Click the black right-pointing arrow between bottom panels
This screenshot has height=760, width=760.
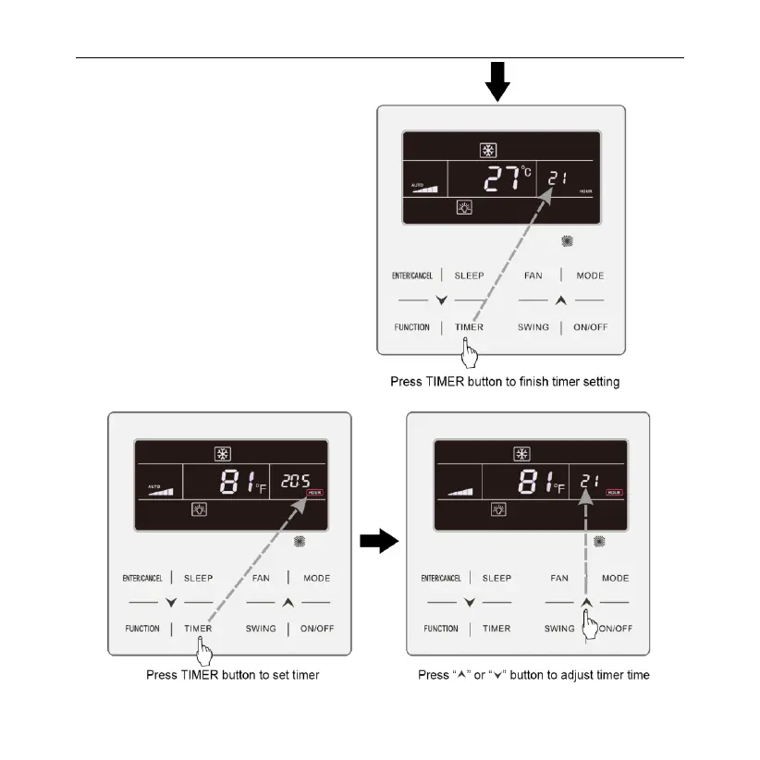(377, 542)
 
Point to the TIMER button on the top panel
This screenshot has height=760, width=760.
(469, 327)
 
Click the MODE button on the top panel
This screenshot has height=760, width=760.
(590, 276)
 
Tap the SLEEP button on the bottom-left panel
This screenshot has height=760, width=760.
(198, 578)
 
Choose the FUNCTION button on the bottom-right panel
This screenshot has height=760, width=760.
(440, 629)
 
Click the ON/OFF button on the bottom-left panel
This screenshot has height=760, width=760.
(317, 629)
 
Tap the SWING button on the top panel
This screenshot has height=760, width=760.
(533, 327)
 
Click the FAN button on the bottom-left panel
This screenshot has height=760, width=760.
(260, 578)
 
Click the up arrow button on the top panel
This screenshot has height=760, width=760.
(560, 300)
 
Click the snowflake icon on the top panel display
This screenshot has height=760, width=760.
(487, 151)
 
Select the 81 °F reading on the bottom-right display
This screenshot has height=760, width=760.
(545, 480)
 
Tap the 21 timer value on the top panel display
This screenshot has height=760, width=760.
(556, 178)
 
